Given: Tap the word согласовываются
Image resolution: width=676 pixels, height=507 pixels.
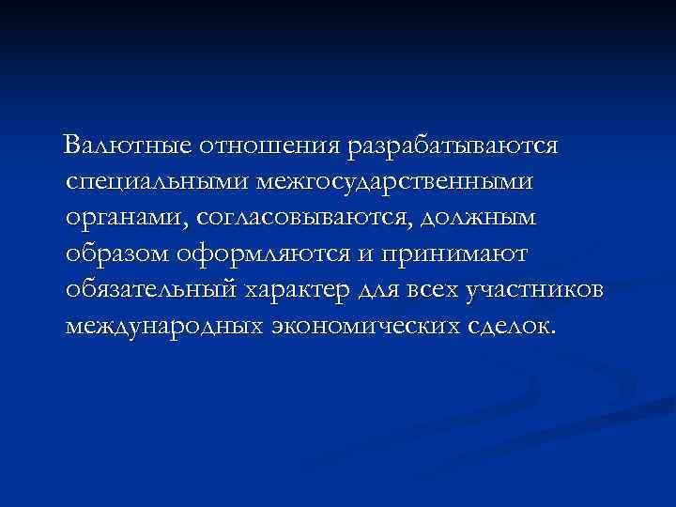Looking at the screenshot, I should pos(306,217).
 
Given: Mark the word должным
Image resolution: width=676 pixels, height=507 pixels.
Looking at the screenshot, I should pos(480,217).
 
